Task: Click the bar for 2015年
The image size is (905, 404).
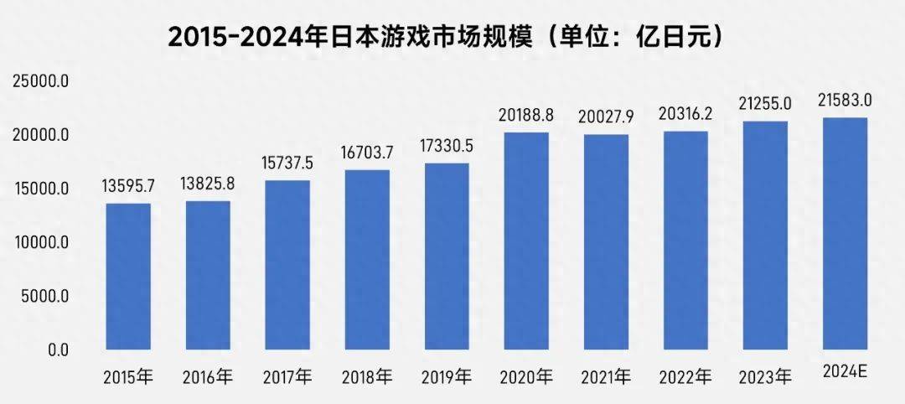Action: click(x=128, y=277)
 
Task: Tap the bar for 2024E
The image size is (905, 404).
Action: click(x=845, y=234)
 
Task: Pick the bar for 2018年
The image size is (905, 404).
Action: click(x=368, y=260)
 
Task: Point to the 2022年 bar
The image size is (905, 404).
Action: click(x=685, y=241)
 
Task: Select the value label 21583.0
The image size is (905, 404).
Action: click(x=845, y=101)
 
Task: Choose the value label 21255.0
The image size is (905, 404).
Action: click(x=765, y=104)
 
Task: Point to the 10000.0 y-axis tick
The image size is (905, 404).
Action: click(x=40, y=243)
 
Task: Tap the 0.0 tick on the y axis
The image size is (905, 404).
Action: click(x=57, y=350)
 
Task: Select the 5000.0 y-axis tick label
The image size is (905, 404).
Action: click(x=44, y=297)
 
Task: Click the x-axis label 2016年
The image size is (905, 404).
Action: click(x=207, y=377)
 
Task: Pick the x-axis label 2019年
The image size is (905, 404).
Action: click(x=447, y=377)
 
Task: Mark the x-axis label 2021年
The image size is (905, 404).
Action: click(x=606, y=377)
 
